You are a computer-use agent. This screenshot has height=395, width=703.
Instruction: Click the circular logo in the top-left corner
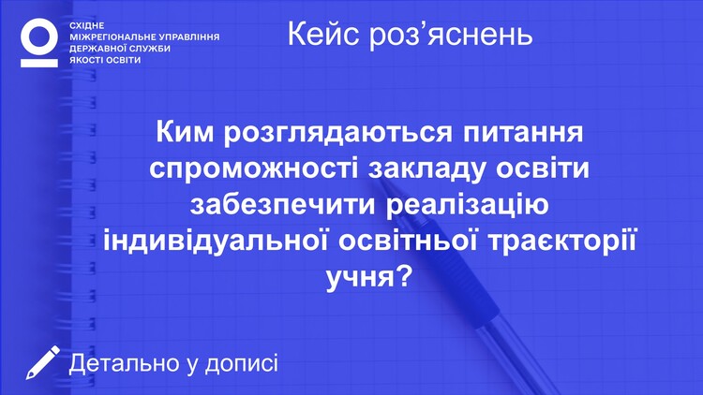39,36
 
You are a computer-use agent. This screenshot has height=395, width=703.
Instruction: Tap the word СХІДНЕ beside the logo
87,26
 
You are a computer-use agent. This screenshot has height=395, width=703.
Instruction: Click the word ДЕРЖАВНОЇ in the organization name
96,49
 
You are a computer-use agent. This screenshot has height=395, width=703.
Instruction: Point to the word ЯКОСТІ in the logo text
85,60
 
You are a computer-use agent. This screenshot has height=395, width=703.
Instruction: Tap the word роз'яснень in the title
451,35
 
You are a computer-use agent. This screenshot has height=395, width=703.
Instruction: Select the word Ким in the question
186,132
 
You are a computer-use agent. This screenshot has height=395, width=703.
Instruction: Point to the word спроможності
254,169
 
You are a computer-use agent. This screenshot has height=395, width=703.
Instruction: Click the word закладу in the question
426,170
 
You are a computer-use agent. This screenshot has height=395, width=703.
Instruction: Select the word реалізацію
467,206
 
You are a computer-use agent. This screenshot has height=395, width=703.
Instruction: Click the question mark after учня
404,276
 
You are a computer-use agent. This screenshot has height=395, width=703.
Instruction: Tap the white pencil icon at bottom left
42,362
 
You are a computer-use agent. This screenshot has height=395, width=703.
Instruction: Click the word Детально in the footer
124,363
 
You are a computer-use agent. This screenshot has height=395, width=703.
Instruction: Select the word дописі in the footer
242,364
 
